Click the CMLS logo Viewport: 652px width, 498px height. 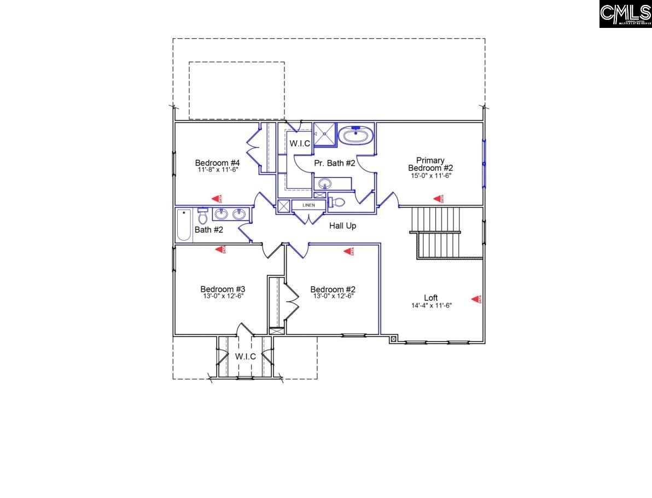click(625, 14)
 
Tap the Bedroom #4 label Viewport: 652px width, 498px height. click(217, 163)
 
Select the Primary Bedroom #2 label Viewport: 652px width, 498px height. click(430, 164)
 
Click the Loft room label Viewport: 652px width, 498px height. click(431, 298)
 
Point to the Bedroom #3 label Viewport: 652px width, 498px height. click(222, 289)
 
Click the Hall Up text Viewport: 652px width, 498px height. click(342, 225)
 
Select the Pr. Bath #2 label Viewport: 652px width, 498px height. click(335, 163)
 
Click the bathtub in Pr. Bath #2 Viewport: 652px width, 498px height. click(356, 135)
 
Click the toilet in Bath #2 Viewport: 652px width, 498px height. click(202, 217)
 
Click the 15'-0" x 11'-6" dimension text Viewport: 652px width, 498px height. click(430, 176)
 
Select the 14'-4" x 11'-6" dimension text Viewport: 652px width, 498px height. click(431, 305)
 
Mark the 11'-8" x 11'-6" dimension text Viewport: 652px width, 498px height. click(217, 170)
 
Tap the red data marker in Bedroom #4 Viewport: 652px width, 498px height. click(218, 199)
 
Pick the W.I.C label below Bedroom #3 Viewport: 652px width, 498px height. click(246, 356)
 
